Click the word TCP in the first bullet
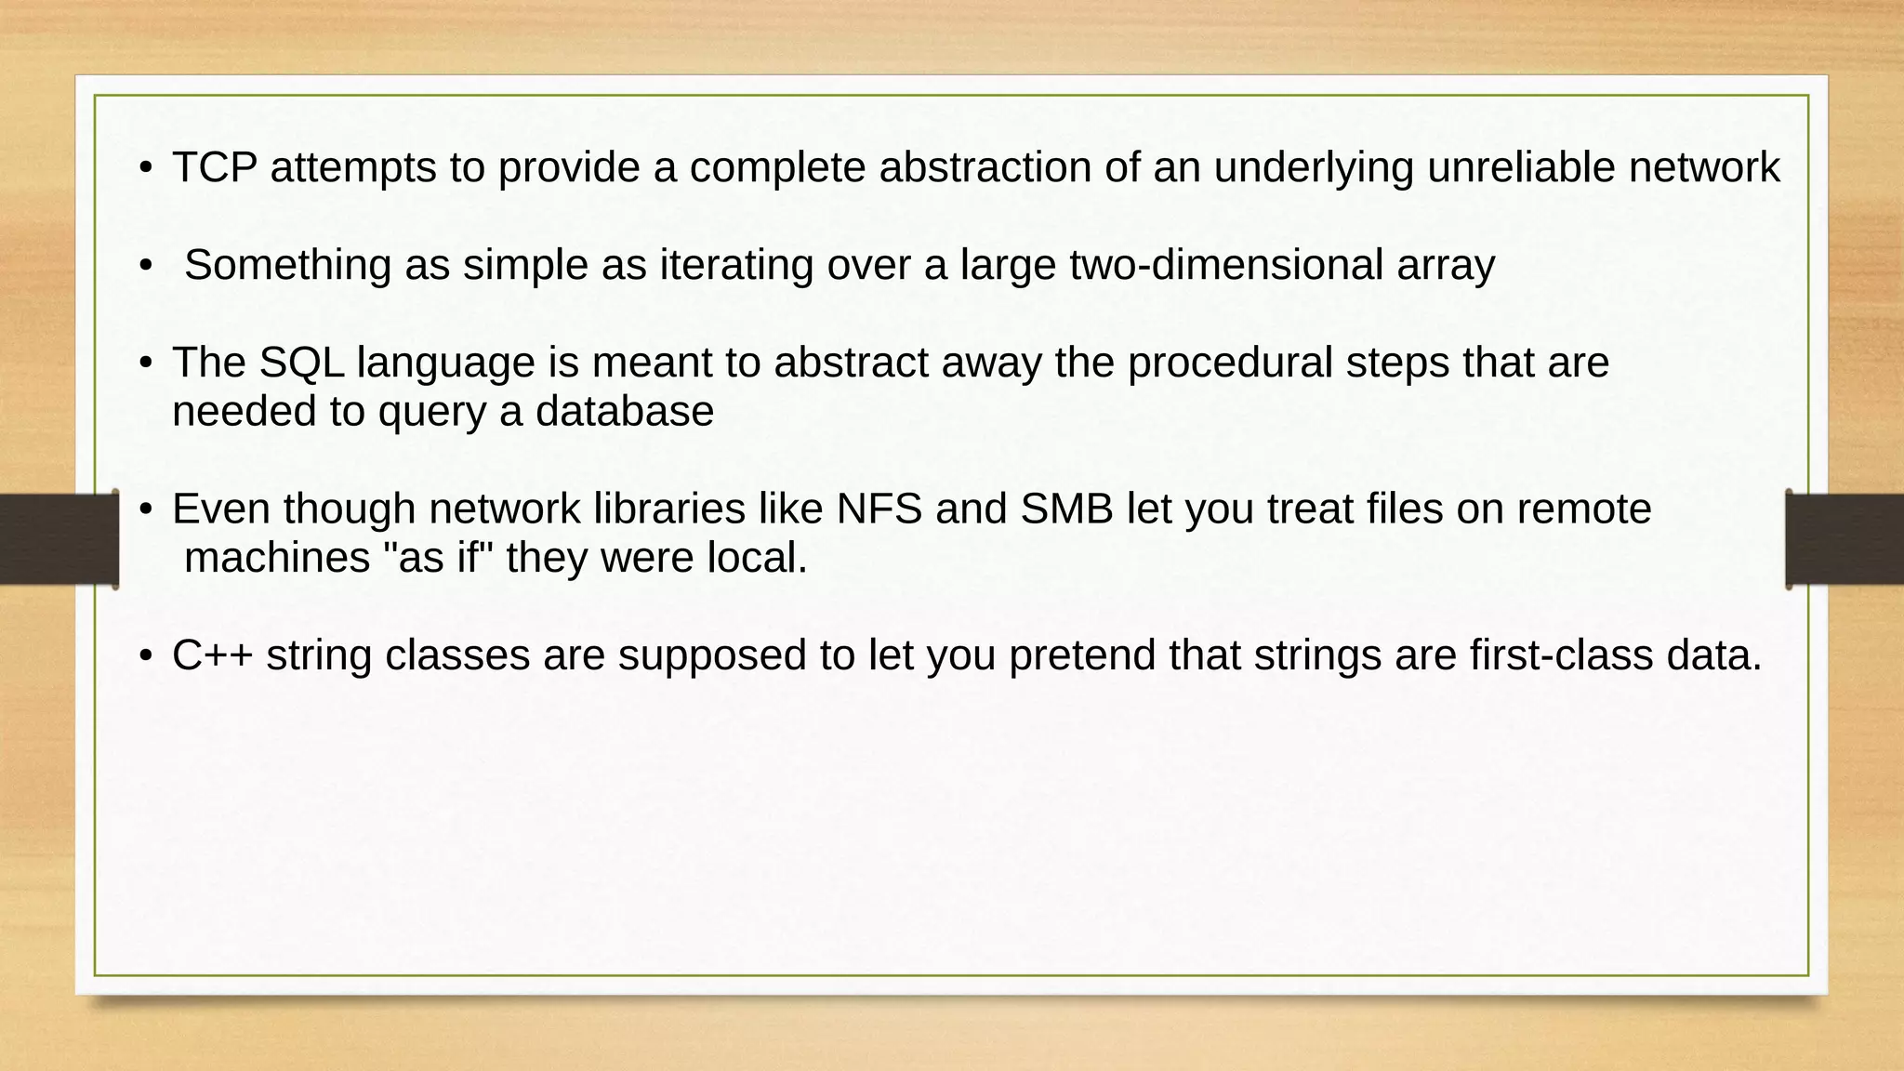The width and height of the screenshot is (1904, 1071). [x=215, y=168]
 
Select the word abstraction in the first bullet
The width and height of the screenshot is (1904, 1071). [x=985, y=168]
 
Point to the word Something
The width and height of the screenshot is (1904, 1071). [x=287, y=266]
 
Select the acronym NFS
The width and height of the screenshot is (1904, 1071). [x=879, y=509]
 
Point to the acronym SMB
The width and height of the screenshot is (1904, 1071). [x=1066, y=509]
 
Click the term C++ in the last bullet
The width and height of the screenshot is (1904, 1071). [x=212, y=655]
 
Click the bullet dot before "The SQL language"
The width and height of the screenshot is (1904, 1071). [x=145, y=364]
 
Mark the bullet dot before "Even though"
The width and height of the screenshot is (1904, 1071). [x=145, y=509]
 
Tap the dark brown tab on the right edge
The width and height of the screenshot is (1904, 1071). [x=1845, y=539]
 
